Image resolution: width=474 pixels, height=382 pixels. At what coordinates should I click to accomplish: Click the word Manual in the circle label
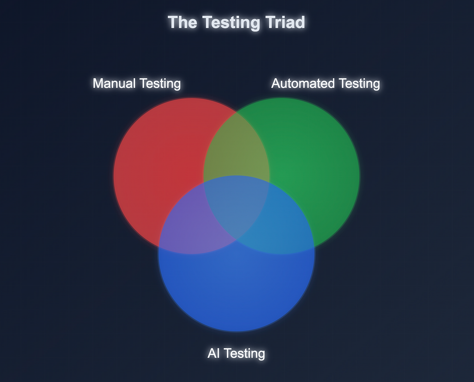click(x=114, y=83)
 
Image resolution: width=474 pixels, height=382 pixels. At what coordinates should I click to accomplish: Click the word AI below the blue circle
click(x=213, y=353)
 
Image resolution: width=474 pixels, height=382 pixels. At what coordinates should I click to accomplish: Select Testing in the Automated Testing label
click(x=360, y=83)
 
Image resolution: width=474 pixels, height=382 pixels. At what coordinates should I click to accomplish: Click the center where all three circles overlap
click(x=237, y=206)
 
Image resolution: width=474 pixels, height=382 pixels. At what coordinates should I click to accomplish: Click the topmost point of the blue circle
click(x=237, y=176)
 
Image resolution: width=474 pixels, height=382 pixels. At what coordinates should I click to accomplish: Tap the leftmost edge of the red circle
click(x=114, y=176)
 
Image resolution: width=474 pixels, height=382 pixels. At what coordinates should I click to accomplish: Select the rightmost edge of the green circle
click(x=360, y=176)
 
